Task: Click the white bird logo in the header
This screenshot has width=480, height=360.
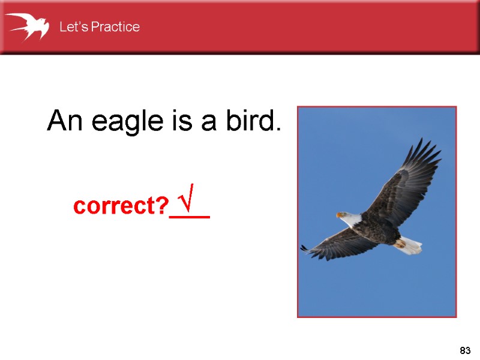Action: [x=27, y=26]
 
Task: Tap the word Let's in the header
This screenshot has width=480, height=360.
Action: [x=71, y=27]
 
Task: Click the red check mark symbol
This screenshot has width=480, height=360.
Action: [x=190, y=202]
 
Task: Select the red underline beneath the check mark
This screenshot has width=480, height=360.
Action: [x=190, y=217]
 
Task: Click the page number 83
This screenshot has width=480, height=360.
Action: [x=464, y=350]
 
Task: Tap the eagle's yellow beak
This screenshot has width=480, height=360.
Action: [x=340, y=214]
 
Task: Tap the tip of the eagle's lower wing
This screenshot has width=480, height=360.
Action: [x=305, y=248]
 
